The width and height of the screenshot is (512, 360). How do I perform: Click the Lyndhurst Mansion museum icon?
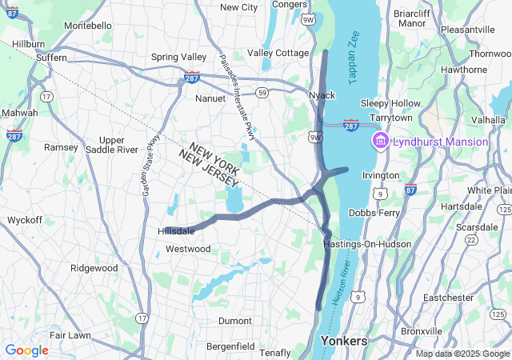pyautogui.click(x=380, y=142)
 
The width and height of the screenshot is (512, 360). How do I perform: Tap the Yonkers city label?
pyautogui.click(x=343, y=341)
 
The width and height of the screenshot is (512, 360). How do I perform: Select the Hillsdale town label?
pyautogui.click(x=176, y=231)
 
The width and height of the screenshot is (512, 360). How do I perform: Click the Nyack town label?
pyautogui.click(x=322, y=95)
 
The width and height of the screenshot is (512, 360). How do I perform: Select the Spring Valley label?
pyautogui.click(x=178, y=58)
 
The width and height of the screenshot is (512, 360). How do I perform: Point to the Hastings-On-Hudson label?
pyautogui.click(x=367, y=243)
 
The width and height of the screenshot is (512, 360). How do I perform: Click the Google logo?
pyautogui.click(x=26, y=350)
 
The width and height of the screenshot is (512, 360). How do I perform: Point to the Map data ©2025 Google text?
pyautogui.click(x=462, y=354)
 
